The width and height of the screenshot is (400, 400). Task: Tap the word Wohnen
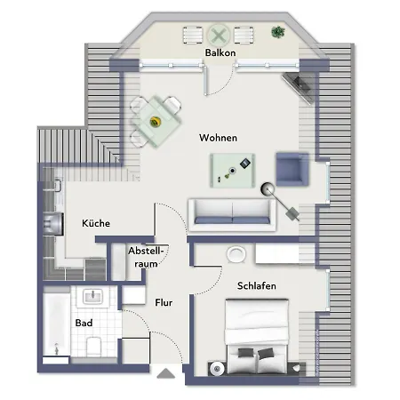click(x=218, y=138)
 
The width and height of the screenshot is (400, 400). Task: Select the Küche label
click(x=96, y=223)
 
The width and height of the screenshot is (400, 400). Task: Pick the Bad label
click(x=84, y=323)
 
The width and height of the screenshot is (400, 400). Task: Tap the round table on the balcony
click(x=220, y=36)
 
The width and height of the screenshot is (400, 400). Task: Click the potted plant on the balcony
click(x=277, y=33)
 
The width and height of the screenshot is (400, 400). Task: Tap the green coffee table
click(x=232, y=166)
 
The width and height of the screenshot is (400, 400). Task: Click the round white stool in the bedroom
click(x=236, y=255)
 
